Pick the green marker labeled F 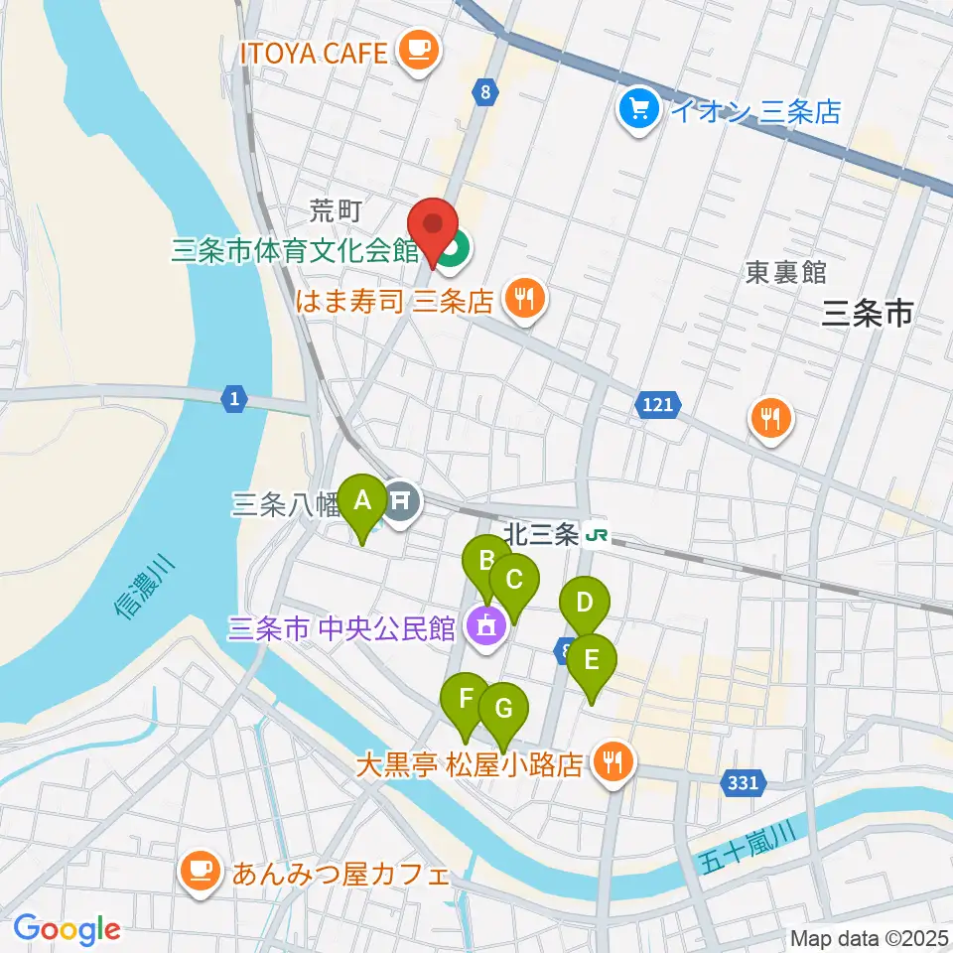coord(465,700)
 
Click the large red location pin coord(434,227)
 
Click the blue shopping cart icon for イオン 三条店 coord(638,109)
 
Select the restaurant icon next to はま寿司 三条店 coord(523,299)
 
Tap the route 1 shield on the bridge coord(233,399)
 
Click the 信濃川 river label coord(144,591)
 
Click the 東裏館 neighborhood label coord(786,273)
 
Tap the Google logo coord(67,929)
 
